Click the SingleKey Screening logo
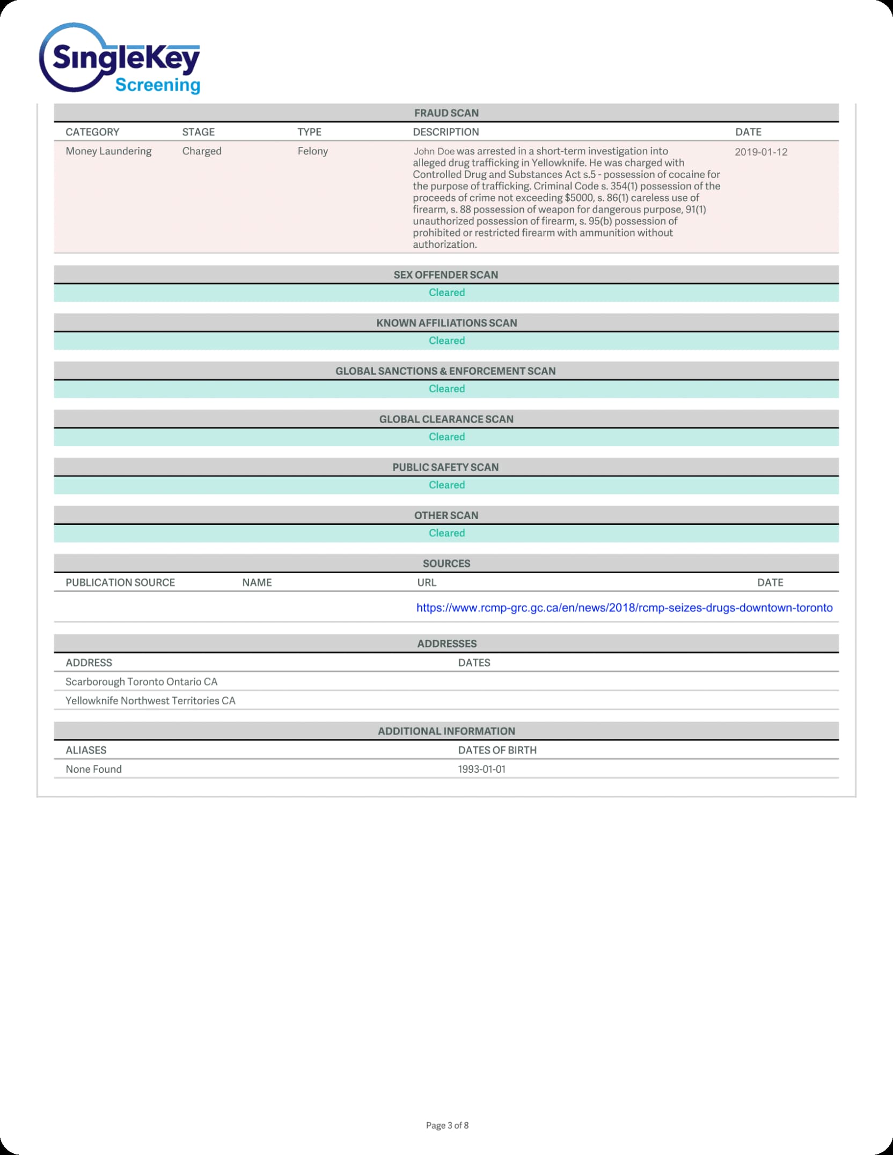(x=120, y=59)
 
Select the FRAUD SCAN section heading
(x=446, y=113)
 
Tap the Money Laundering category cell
(x=108, y=151)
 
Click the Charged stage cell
(x=202, y=151)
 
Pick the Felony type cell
(x=313, y=151)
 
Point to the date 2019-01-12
(x=760, y=152)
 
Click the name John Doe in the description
(x=434, y=152)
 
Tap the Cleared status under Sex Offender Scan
(x=446, y=293)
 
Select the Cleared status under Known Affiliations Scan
(x=446, y=341)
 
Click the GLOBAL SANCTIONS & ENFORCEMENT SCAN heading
(x=445, y=371)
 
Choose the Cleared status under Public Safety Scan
(x=446, y=485)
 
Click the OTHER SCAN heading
(x=446, y=515)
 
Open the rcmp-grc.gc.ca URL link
(x=624, y=608)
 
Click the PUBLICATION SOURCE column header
(x=120, y=583)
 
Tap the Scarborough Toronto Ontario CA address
(x=141, y=682)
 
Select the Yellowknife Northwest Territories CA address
(x=150, y=701)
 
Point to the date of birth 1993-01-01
(x=481, y=769)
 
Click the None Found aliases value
(x=93, y=769)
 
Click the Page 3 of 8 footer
(x=447, y=1126)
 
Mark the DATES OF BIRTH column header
(x=497, y=751)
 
